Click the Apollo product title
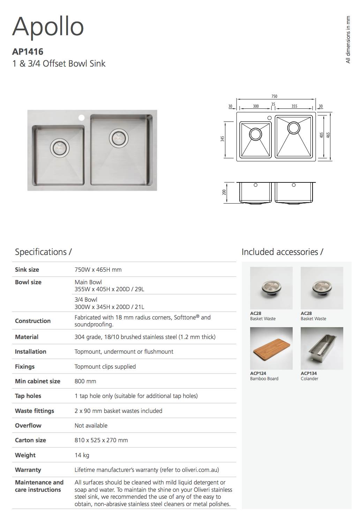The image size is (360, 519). (48, 27)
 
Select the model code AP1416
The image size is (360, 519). (28, 52)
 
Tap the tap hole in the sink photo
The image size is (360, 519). (81, 118)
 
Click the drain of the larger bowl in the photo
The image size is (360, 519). (119, 138)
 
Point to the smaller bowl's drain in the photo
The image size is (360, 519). (60, 148)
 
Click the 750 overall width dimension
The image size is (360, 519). (275, 96)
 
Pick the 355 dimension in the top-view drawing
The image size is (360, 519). (294, 106)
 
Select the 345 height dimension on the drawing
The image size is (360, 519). (223, 139)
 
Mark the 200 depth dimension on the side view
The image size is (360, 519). (224, 192)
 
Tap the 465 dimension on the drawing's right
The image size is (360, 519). (328, 135)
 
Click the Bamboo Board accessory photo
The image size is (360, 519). (271, 348)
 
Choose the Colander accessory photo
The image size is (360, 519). (322, 348)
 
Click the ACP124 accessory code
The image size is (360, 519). (258, 373)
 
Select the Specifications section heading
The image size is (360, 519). (43, 252)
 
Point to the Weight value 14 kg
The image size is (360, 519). (82, 455)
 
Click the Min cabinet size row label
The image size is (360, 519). (38, 381)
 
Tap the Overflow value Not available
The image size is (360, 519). (91, 426)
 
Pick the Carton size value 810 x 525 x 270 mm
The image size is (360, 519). (101, 440)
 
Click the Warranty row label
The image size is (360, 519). (28, 470)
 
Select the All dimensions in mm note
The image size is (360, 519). (348, 39)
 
